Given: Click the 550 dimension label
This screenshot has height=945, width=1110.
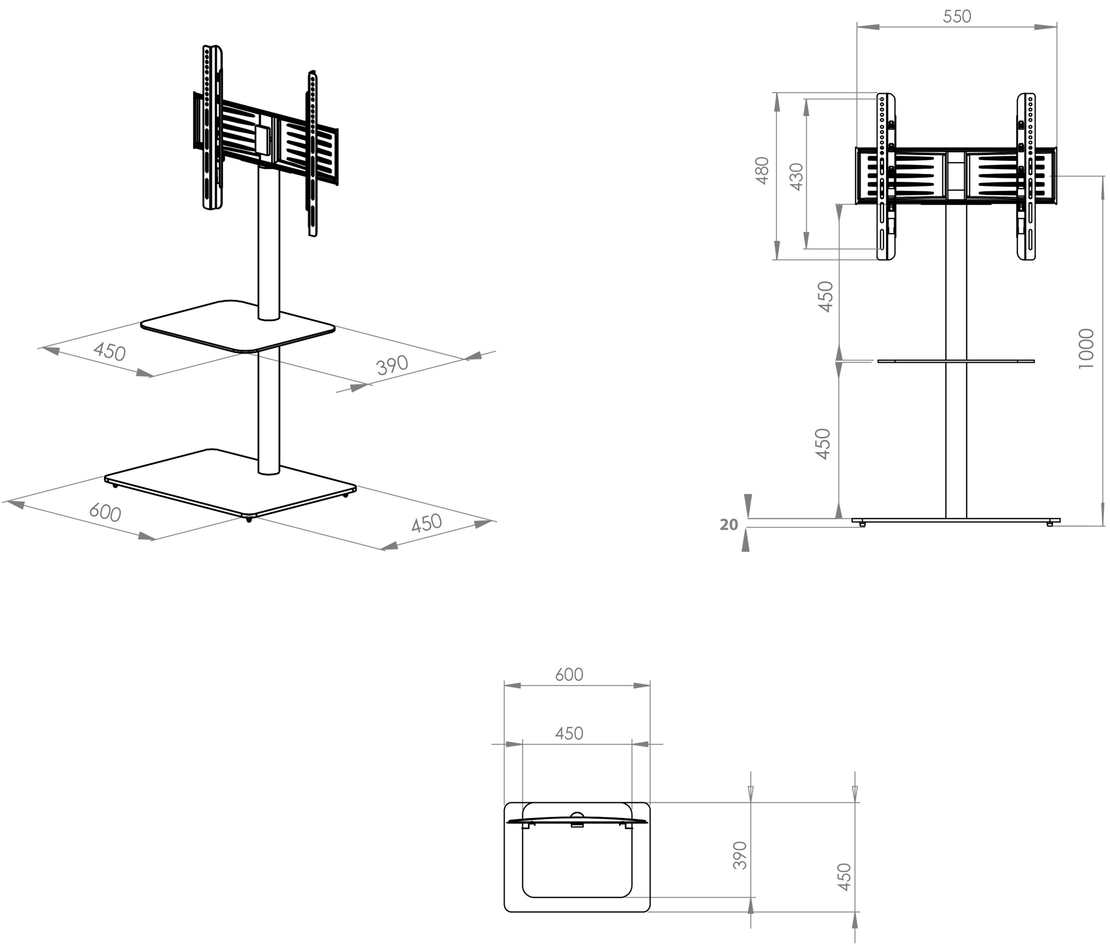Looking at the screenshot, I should pos(957,17).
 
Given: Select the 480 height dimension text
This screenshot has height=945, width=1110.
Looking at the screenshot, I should pos(762,170).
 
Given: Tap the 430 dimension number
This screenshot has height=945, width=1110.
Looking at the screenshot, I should pos(797,176).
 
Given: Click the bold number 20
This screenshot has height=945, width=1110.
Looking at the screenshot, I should pos(728,525).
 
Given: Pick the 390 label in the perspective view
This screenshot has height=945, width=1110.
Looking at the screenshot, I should pos(392,365).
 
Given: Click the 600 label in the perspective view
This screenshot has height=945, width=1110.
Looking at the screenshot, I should pos(105,513).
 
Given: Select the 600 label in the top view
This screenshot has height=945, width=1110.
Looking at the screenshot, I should pos(569,674).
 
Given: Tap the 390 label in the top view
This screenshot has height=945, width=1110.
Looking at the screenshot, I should pos(740,856).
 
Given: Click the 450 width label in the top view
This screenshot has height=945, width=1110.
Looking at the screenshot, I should pos(569,734).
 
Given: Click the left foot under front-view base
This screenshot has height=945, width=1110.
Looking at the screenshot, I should pos(862,525).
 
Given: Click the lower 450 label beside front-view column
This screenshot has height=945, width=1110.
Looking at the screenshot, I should pos(823,444).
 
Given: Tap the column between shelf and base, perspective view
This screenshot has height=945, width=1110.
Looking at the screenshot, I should pos(268,413).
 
